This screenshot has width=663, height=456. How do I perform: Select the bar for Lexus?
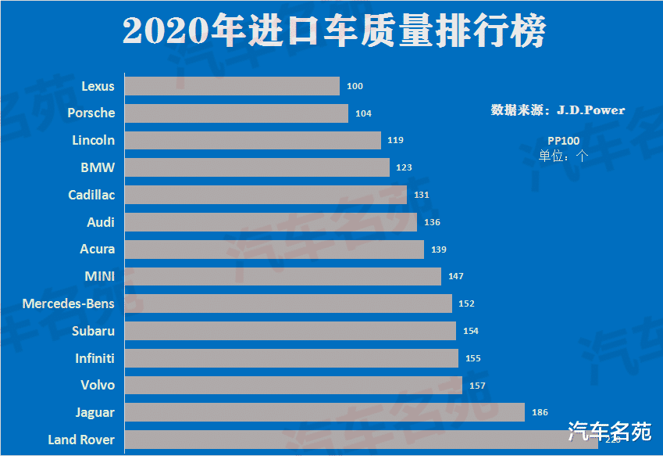[232, 86]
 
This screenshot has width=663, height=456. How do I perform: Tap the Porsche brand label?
[91, 113]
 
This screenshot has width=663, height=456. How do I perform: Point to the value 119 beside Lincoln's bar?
[395, 141]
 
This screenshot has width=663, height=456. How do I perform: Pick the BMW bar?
[257, 167]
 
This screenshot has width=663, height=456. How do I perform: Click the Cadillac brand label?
[91, 195]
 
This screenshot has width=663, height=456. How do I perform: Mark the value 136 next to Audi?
[432, 222]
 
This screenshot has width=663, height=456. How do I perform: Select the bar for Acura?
[274, 250]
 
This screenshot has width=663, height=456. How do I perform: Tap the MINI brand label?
[99, 276]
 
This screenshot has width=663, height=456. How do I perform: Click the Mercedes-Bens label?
[68, 303]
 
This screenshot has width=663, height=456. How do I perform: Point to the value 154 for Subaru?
[470, 331]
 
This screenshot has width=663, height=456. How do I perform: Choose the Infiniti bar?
[291, 358]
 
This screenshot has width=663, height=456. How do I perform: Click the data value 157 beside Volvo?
[476, 386]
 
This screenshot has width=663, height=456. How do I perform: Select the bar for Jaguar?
[324, 412]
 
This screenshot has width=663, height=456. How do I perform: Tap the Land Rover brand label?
[81, 440]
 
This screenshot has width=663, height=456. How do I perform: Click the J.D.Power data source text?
[558, 110]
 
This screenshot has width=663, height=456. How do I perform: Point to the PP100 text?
[563, 140]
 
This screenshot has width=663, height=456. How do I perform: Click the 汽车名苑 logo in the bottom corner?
[609, 431]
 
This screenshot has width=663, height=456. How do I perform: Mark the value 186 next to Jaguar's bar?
[540, 412]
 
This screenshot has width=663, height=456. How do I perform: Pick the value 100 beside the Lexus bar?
[355, 86]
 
